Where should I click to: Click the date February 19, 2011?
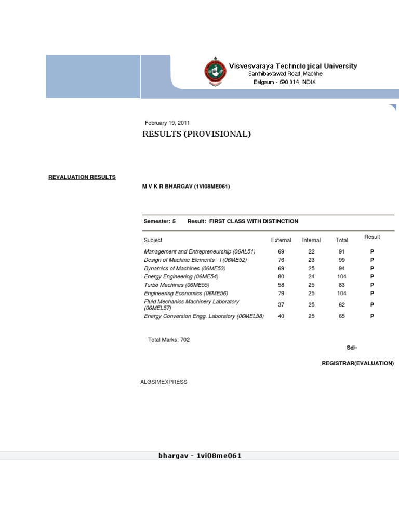(x=167, y=123)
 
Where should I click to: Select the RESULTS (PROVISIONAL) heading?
(x=196, y=134)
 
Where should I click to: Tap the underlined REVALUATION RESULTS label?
(x=82, y=177)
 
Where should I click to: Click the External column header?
(x=281, y=240)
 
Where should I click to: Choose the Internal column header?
(x=311, y=240)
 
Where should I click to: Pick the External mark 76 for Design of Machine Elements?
(x=281, y=260)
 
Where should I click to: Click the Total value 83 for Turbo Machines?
(x=341, y=285)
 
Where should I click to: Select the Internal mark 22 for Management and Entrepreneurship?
(x=311, y=251)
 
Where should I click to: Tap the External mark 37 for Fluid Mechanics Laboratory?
(x=281, y=305)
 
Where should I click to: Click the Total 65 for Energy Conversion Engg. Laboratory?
(x=341, y=316)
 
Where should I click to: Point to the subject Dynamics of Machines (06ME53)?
(x=184, y=268)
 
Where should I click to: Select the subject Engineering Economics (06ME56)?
(x=185, y=293)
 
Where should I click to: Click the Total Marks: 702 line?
(x=169, y=340)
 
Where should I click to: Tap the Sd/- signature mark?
(x=352, y=347)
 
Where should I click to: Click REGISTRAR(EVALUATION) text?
(x=357, y=363)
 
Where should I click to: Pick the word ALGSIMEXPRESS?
(x=164, y=382)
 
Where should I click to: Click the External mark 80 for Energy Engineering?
(x=281, y=276)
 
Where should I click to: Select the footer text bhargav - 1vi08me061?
(x=199, y=456)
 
